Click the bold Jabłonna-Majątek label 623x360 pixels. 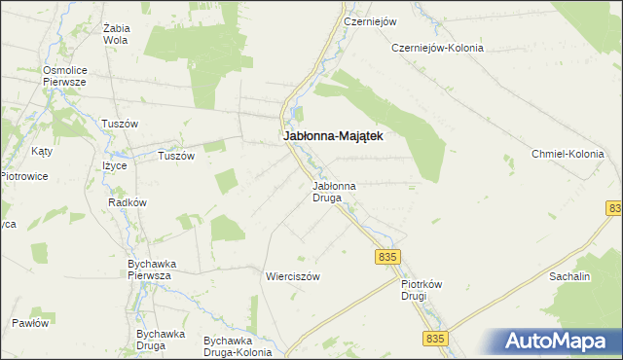pos(332,137)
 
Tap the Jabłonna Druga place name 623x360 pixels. pos(333,191)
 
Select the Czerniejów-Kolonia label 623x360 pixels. pos(437,48)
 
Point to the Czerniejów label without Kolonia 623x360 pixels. pos(367,19)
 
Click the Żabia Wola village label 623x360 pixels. pos(116,34)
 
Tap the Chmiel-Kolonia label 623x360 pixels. pos(568,154)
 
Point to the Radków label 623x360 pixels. pos(128,202)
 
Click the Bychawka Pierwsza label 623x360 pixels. pos(150,270)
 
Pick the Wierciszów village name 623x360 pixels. pos(293,276)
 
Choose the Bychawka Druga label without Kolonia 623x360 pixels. pos(161,340)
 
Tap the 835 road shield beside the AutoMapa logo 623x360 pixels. pos(435,338)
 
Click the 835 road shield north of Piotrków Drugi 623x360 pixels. pos(386,256)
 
